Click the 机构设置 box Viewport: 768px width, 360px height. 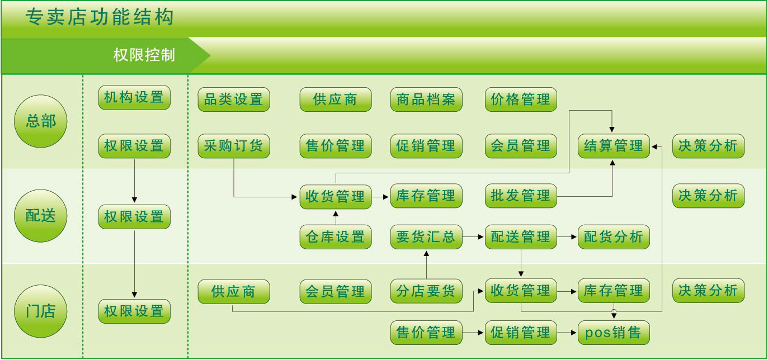coord(134,98)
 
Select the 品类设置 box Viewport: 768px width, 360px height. coord(234,100)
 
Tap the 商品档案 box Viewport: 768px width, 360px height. coord(426,100)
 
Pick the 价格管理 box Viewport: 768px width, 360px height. coord(521,100)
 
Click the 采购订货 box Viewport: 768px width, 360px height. coord(234,146)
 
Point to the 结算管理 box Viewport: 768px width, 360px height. coord(614,146)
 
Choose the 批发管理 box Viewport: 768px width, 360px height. coord(521,196)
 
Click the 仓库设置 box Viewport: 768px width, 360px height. coord(336,236)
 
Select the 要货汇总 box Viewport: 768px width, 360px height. coord(426,236)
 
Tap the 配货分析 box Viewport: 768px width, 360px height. coord(614,236)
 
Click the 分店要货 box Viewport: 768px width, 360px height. coord(426,291)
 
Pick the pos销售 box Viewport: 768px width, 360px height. coord(614,333)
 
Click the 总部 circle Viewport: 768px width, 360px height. coord(40,121)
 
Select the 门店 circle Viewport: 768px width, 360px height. coord(40,311)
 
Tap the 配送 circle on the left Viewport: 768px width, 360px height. coord(40,216)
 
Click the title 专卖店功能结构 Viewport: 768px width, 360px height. coord(100,17)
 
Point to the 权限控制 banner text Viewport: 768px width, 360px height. coord(144,55)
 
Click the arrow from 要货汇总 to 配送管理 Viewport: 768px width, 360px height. coord(473,236)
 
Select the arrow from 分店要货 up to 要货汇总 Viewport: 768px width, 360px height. coord(427,265)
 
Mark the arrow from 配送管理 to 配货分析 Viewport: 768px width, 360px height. coord(567,236)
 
